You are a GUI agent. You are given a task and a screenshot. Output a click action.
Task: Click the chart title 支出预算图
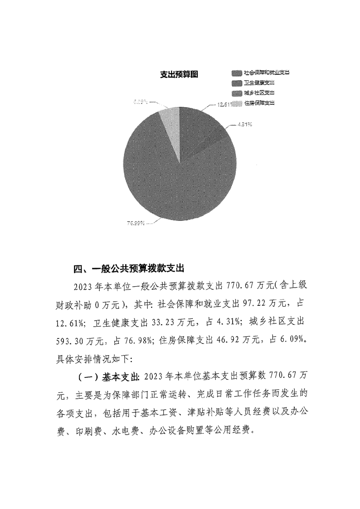tap(180, 75)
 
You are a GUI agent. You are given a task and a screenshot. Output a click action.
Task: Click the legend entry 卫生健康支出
tap(258, 83)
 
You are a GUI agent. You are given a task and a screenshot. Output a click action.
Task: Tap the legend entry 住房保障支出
tap(258, 103)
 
